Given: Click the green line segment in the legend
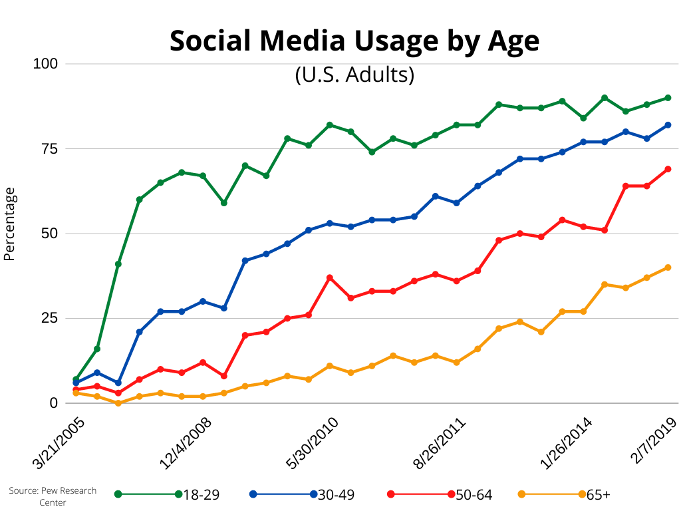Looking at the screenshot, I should click(148, 494).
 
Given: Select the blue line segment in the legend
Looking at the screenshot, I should click(283, 494).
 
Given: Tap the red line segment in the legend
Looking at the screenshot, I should click(421, 494).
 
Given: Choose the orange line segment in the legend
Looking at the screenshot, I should click(552, 494).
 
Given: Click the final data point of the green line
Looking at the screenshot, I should click(668, 98).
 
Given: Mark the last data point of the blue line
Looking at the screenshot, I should click(668, 124).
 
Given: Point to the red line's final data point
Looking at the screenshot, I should click(668, 169).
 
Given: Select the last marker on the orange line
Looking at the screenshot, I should click(668, 267).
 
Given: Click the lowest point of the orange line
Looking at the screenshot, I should click(118, 403).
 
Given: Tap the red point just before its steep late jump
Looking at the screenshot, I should click(605, 230).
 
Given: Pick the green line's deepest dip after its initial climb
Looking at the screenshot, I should click(224, 202).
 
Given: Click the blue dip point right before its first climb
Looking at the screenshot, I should click(118, 383).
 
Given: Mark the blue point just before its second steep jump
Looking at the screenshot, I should click(224, 308).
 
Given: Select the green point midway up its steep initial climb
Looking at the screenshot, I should click(118, 264).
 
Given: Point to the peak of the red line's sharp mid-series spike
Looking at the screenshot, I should click(329, 277).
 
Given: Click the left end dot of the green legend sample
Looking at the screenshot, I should click(118, 494).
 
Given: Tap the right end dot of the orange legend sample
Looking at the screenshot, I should click(582, 494).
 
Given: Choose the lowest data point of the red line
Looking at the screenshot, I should click(118, 393).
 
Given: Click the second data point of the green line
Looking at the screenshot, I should click(97, 349).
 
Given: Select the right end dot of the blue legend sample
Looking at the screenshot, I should click(314, 494).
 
